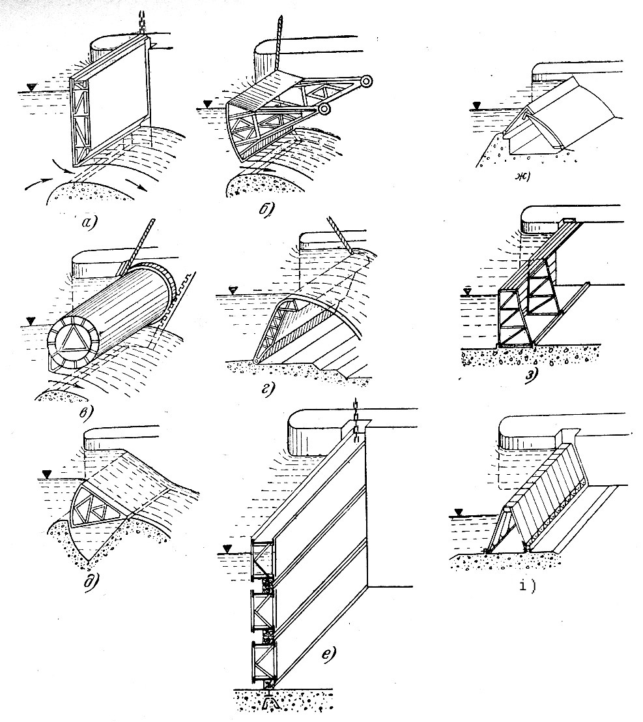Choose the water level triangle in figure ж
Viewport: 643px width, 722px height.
478,104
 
